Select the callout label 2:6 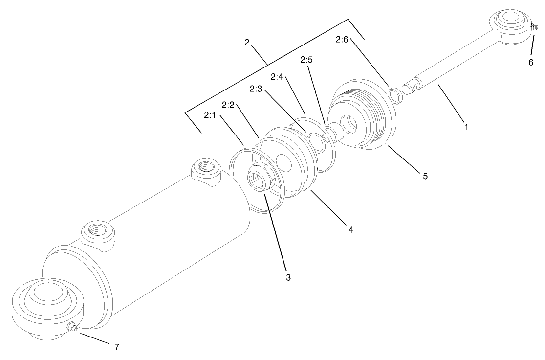[x=342, y=39]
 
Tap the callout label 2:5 [x=306, y=60]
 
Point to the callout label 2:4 [x=277, y=77]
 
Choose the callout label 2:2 [x=229, y=105]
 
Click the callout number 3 [x=288, y=277]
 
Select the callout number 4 [x=350, y=228]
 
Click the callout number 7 [x=116, y=347]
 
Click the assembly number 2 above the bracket [x=247, y=42]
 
